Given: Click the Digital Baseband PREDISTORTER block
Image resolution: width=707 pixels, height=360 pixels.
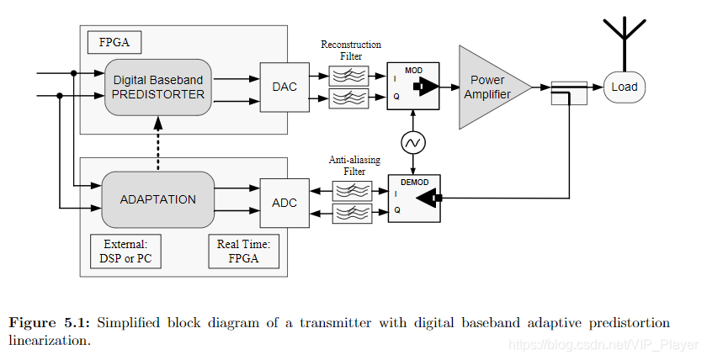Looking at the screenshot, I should tap(158, 87).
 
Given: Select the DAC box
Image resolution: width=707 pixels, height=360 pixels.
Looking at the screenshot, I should tap(284, 87).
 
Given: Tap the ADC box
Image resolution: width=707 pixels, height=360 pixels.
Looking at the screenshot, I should tap(284, 202).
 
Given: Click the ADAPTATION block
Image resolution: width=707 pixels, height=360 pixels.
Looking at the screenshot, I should tap(157, 199).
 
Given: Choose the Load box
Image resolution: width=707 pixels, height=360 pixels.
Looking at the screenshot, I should tap(625, 87).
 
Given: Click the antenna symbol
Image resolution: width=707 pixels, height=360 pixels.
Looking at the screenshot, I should tap(625, 34).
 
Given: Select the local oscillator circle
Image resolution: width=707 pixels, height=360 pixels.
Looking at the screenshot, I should tap(413, 143).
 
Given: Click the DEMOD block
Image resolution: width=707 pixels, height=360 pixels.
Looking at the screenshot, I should tap(413, 199).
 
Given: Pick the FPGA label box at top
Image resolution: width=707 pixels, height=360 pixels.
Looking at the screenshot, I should tap(113, 40).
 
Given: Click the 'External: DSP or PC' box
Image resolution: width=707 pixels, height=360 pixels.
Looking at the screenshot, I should tap(125, 251).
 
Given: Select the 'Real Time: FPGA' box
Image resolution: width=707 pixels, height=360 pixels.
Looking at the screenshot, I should tap(242, 251).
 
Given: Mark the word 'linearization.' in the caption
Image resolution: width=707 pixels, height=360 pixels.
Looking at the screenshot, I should tap(49, 341).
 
